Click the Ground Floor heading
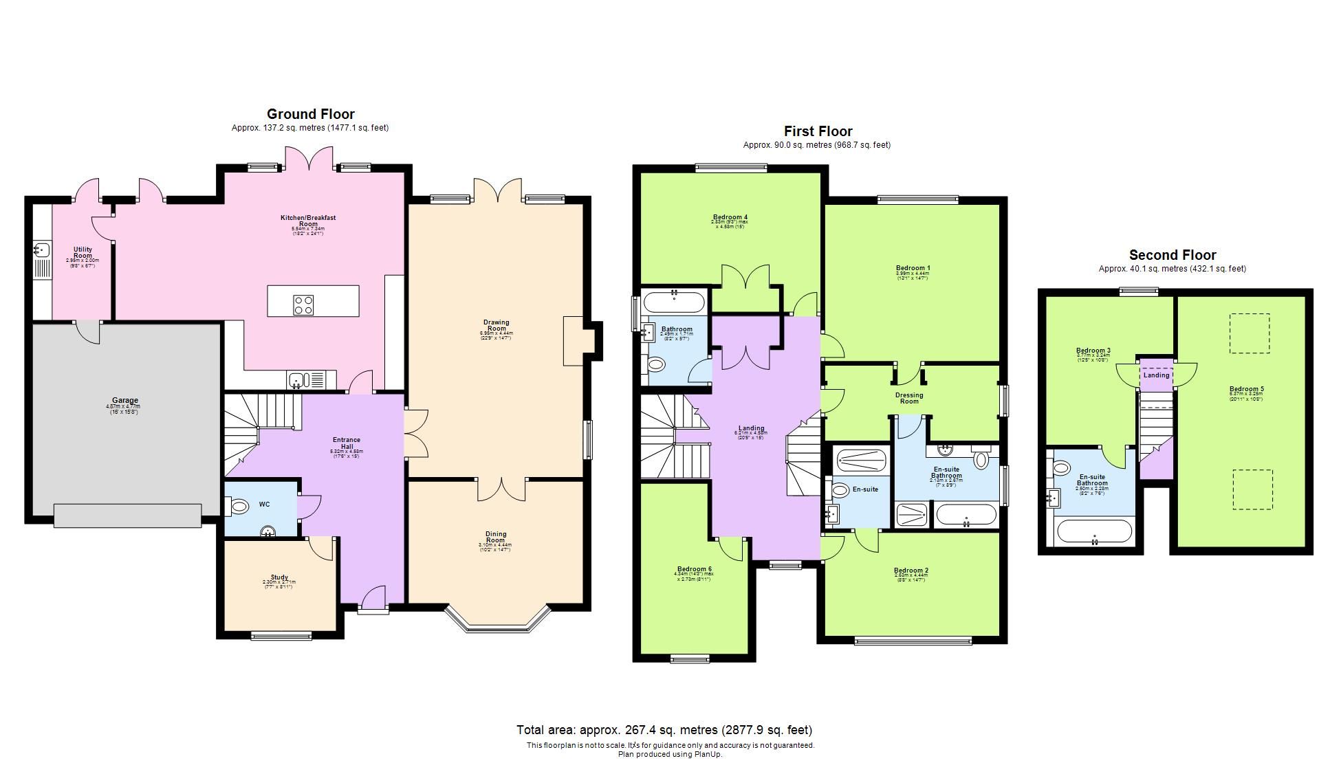click(x=310, y=114)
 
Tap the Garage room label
click(x=125, y=400)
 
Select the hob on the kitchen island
click(x=304, y=305)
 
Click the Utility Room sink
click(x=41, y=250)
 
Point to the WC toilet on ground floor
click(x=238, y=507)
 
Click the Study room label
click(x=279, y=577)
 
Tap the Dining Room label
click(x=496, y=537)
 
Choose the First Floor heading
click(x=818, y=131)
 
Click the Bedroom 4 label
click(x=730, y=218)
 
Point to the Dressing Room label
click(x=909, y=398)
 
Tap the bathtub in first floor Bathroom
click(x=674, y=303)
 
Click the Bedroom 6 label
click(x=695, y=569)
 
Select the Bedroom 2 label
click(x=911, y=571)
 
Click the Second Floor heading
click(x=1173, y=255)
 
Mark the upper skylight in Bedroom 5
click(x=1250, y=333)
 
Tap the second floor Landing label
click(x=1156, y=375)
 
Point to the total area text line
click(x=664, y=730)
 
